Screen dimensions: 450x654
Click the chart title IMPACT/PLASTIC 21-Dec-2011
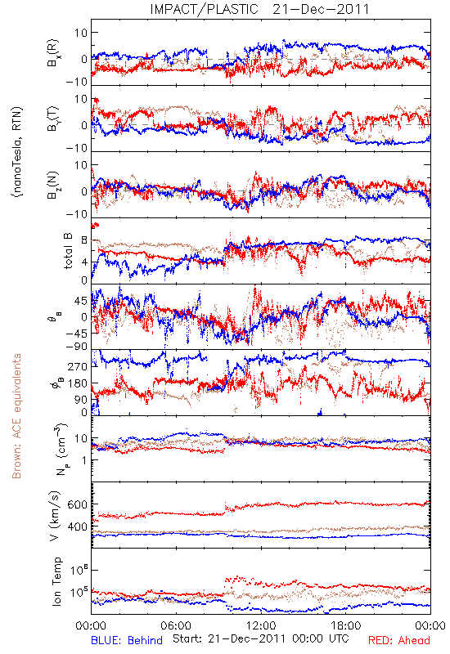(259, 9)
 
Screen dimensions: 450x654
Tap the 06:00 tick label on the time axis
(176, 625)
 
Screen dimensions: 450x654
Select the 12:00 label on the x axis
(261, 625)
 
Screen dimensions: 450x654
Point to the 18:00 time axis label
(346, 625)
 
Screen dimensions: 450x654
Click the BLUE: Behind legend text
(127, 640)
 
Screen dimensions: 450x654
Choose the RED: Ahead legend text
(398, 640)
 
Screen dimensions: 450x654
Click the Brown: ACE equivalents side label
(16, 416)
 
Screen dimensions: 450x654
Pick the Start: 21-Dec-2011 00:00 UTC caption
(261, 638)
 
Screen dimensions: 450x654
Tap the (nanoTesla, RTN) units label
(17, 152)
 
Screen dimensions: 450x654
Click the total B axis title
(67, 251)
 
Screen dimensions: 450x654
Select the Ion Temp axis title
(56, 581)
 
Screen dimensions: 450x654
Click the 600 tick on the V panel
(77, 504)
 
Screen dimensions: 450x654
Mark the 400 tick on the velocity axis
(77, 526)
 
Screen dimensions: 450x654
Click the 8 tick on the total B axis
(84, 240)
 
